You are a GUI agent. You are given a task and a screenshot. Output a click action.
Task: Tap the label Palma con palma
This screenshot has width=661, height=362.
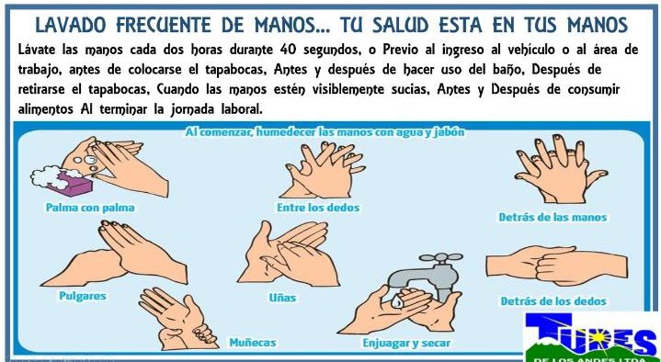tap(90, 208)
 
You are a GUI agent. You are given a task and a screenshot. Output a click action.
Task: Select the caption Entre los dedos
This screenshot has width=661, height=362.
tap(318, 208)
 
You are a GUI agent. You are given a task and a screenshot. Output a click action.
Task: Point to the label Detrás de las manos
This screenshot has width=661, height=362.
tap(553, 218)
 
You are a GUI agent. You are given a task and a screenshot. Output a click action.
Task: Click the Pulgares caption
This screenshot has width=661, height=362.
tap(83, 296)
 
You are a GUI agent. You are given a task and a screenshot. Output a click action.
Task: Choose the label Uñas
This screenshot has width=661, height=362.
tap(282, 298)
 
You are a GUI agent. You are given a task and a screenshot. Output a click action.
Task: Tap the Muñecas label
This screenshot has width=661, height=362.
tap(253, 342)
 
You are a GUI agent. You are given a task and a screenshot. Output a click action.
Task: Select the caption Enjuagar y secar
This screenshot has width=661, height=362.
tap(406, 343)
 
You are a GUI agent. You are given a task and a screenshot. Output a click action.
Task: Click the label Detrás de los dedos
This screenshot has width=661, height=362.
tap(553, 301)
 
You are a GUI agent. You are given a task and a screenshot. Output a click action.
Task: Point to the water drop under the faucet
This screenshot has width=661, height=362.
tap(396, 300)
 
